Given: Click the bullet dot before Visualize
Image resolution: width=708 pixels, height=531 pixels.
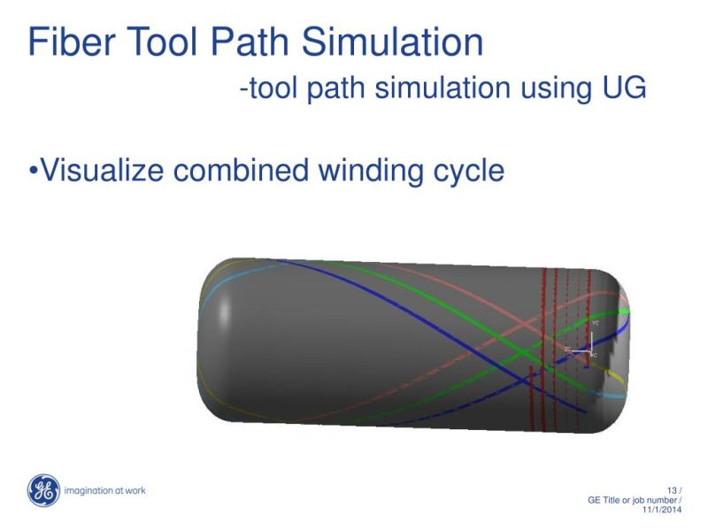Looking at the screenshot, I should (34, 170).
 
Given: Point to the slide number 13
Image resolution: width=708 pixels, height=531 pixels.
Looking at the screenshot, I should (671, 490).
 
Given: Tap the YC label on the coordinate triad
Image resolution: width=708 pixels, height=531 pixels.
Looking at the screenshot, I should (596, 324).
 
